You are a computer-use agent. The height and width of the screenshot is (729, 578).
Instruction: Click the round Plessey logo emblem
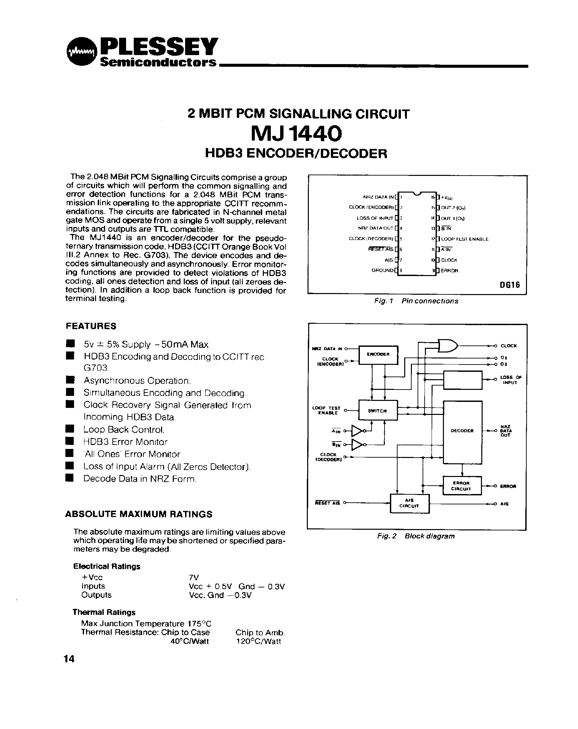pos(82,51)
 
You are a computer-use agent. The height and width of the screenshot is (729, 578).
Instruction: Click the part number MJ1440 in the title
pos(296,134)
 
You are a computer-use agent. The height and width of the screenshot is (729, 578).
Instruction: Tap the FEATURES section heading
pos(91,326)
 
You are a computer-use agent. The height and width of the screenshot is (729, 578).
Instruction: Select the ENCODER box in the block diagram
pos(378,355)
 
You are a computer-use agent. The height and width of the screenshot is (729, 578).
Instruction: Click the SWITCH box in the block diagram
pos(378,411)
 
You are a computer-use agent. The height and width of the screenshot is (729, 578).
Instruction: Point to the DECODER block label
pos(462,431)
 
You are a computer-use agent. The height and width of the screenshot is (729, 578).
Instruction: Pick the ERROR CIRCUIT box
pos(462,486)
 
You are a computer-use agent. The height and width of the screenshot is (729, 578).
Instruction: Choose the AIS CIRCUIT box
pos(410,503)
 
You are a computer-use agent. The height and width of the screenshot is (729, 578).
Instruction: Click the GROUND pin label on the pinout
pos(383,270)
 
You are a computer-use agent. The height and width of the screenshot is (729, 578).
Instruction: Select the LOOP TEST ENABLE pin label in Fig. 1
pos(465,239)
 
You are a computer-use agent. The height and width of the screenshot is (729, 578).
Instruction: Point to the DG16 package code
pos(510,285)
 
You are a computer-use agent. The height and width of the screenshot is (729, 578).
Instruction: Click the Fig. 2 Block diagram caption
pos(416,536)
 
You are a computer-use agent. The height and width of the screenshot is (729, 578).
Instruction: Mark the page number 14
pos(69,659)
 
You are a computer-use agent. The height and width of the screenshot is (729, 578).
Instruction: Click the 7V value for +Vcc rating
pos(194,577)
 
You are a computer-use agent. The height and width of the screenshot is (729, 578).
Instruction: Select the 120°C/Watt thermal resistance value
pos(258,641)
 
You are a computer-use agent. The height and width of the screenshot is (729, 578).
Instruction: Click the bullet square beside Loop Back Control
pos(70,429)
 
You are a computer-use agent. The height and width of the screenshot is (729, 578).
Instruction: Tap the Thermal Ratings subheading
pos(104,612)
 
